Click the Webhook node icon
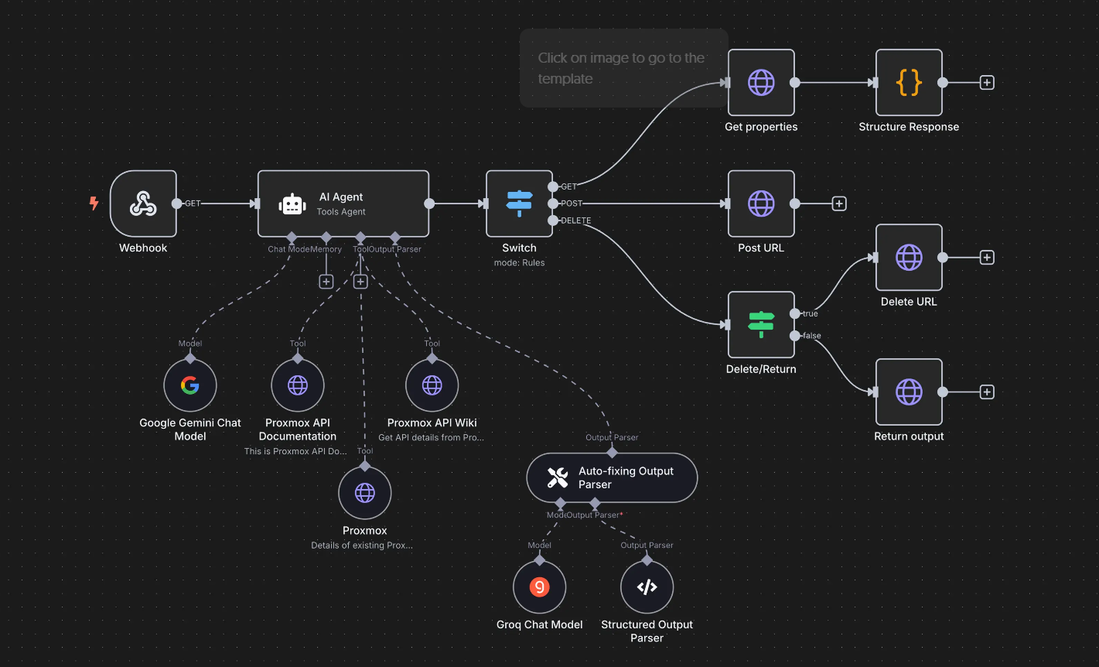143,204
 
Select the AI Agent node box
343,204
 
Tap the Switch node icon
519,204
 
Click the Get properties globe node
761,83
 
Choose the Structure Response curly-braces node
909,83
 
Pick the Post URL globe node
761,204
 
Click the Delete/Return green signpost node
761,324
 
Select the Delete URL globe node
909,258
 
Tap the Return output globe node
909,392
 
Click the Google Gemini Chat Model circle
190,385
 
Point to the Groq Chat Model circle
540,587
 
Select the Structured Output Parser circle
647,587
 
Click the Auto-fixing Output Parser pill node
612,477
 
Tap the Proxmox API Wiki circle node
432,385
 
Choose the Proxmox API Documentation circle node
298,385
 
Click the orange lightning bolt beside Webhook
94,204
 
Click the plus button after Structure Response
987,83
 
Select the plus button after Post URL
839,204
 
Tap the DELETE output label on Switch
575,221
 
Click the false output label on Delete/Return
811,336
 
